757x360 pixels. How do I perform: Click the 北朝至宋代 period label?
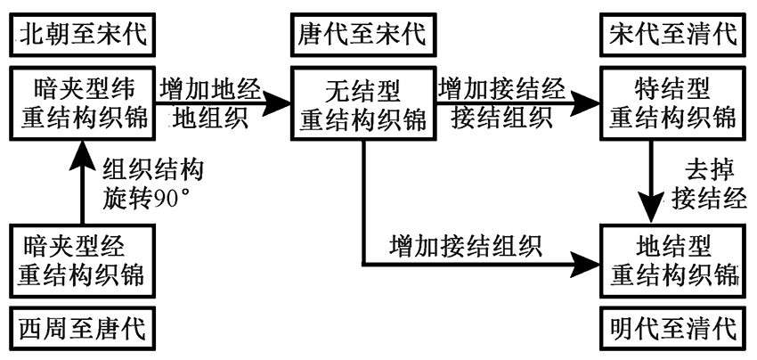pyautogui.click(x=79, y=36)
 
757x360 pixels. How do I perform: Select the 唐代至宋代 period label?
pyautogui.click(x=362, y=36)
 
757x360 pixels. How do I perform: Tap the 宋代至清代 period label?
pyautogui.click(x=672, y=36)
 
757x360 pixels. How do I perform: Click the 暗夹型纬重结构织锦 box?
pyautogui.click(x=79, y=104)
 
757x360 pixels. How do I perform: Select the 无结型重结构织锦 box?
pyautogui.click(x=362, y=104)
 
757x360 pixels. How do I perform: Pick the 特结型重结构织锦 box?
pyautogui.click(x=672, y=104)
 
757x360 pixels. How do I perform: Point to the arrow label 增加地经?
pyautogui.click(x=210, y=90)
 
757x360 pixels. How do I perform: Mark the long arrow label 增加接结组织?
pyautogui.click(x=465, y=242)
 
